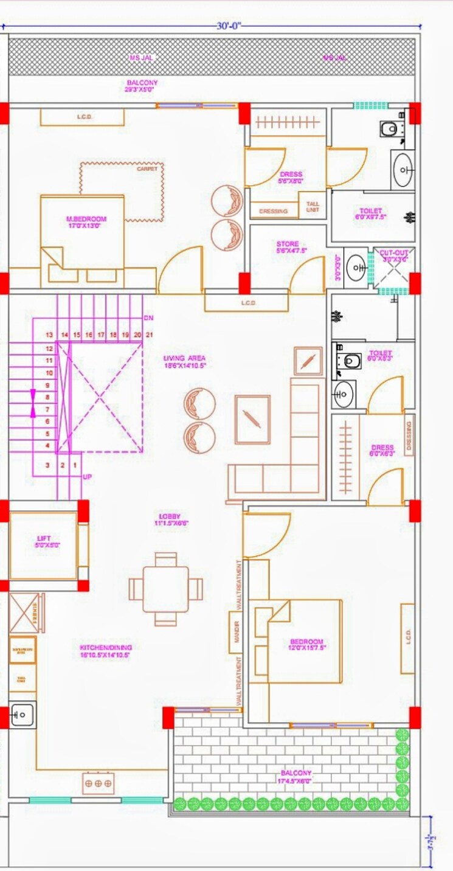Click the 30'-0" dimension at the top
[230, 26]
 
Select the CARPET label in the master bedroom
[147, 169]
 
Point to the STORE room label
[287, 247]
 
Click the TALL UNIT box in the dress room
[313, 207]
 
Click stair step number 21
[149, 335]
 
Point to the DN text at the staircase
[148, 318]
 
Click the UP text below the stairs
[88, 477]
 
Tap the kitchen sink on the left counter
[21, 714]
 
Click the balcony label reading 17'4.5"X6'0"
[296, 777]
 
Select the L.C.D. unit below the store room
[247, 302]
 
